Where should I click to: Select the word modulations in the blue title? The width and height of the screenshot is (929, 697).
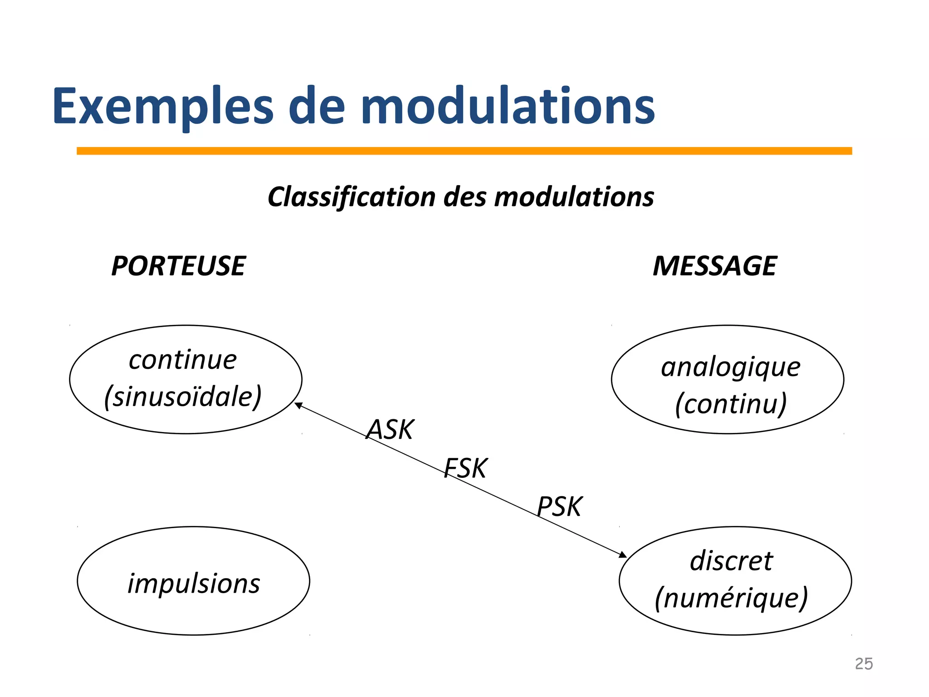click(508, 107)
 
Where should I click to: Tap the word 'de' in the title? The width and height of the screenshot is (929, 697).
click(317, 107)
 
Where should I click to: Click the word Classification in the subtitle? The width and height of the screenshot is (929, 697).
click(352, 197)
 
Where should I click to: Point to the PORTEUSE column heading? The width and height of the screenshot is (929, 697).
click(178, 266)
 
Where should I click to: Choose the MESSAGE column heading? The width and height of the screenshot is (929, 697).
click(714, 266)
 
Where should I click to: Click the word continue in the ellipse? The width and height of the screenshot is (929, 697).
click(183, 360)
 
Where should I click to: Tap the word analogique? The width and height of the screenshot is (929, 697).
click(730, 368)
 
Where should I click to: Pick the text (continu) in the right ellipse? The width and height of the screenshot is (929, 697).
click(730, 404)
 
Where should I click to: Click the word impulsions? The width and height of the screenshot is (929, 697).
click(194, 584)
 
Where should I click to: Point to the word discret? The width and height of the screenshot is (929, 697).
click(731, 561)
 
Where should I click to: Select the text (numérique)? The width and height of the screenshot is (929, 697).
click(731, 599)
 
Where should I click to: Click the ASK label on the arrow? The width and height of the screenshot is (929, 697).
click(390, 430)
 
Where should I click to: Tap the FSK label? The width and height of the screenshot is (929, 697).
click(465, 468)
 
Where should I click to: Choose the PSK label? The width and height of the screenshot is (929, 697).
click(559, 507)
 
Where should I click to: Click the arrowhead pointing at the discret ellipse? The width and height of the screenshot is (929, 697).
click(623, 555)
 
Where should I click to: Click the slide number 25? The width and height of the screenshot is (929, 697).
click(864, 664)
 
